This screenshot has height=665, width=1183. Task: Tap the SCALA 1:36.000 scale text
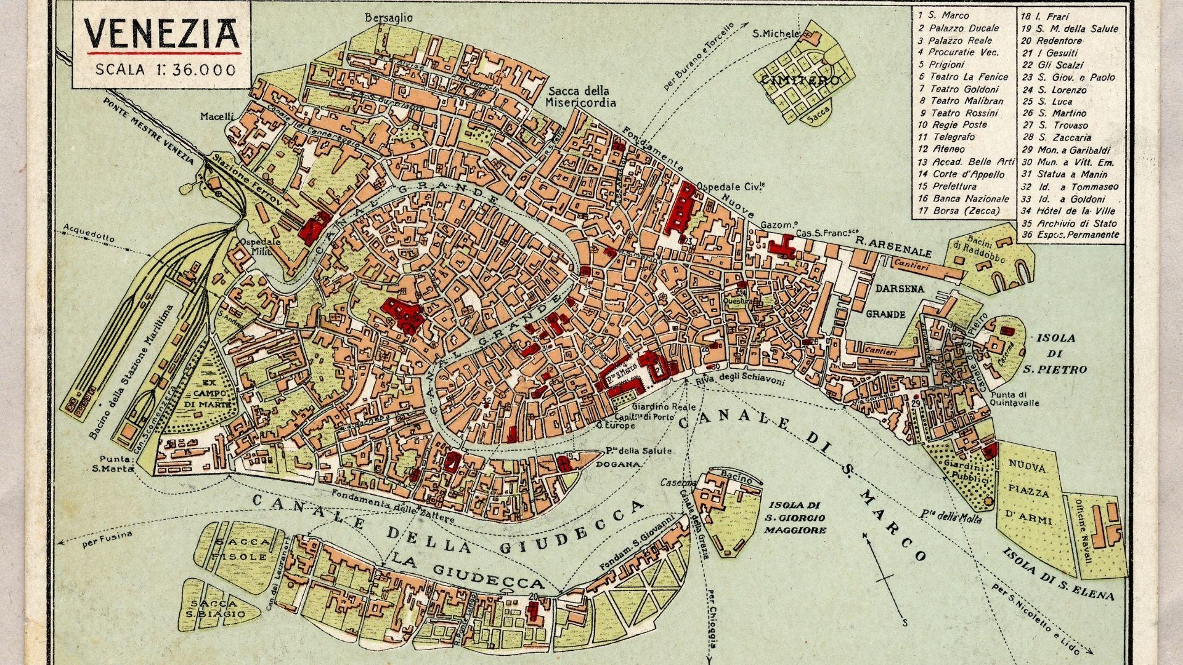pyautogui.click(x=165, y=70)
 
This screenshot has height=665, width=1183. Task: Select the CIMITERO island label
pyautogui.click(x=799, y=81)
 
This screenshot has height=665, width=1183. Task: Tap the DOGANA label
pyautogui.click(x=617, y=464)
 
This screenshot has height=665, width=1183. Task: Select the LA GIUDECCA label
pyautogui.click(x=468, y=571)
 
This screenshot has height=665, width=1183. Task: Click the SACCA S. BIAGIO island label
pyautogui.click(x=217, y=608)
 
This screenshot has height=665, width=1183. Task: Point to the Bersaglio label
pyautogui.click(x=389, y=18)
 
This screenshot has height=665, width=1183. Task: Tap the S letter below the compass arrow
pyautogui.click(x=905, y=623)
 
